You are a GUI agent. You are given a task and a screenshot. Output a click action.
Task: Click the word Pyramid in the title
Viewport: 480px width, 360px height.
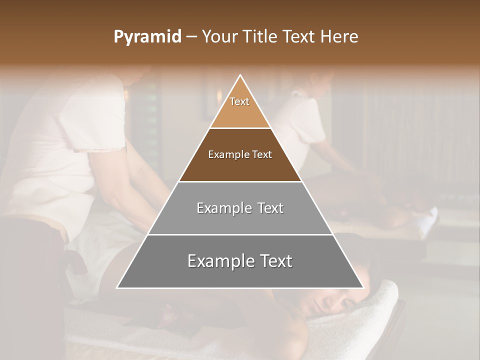point(147,37)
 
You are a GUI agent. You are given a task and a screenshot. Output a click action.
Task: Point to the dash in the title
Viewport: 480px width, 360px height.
point(190,37)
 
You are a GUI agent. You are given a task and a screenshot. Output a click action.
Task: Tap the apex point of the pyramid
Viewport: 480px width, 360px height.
point(240,75)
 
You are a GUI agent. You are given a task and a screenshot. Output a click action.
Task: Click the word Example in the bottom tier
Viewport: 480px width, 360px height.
point(216,261)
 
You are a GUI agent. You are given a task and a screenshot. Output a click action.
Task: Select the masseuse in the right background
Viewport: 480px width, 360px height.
point(310,125)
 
